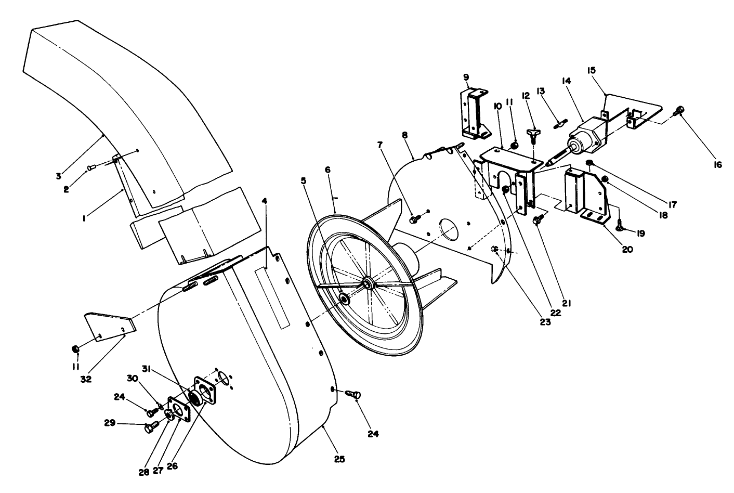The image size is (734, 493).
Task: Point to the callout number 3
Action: pyautogui.click(x=59, y=175)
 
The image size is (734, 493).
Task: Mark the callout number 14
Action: pyautogui.click(x=567, y=81)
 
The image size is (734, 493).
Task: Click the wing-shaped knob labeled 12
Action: pyautogui.click(x=532, y=135)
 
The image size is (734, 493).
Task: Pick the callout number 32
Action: pyautogui.click(x=86, y=379)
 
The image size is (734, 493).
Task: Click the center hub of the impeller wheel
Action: pyautogui.click(x=368, y=283)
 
